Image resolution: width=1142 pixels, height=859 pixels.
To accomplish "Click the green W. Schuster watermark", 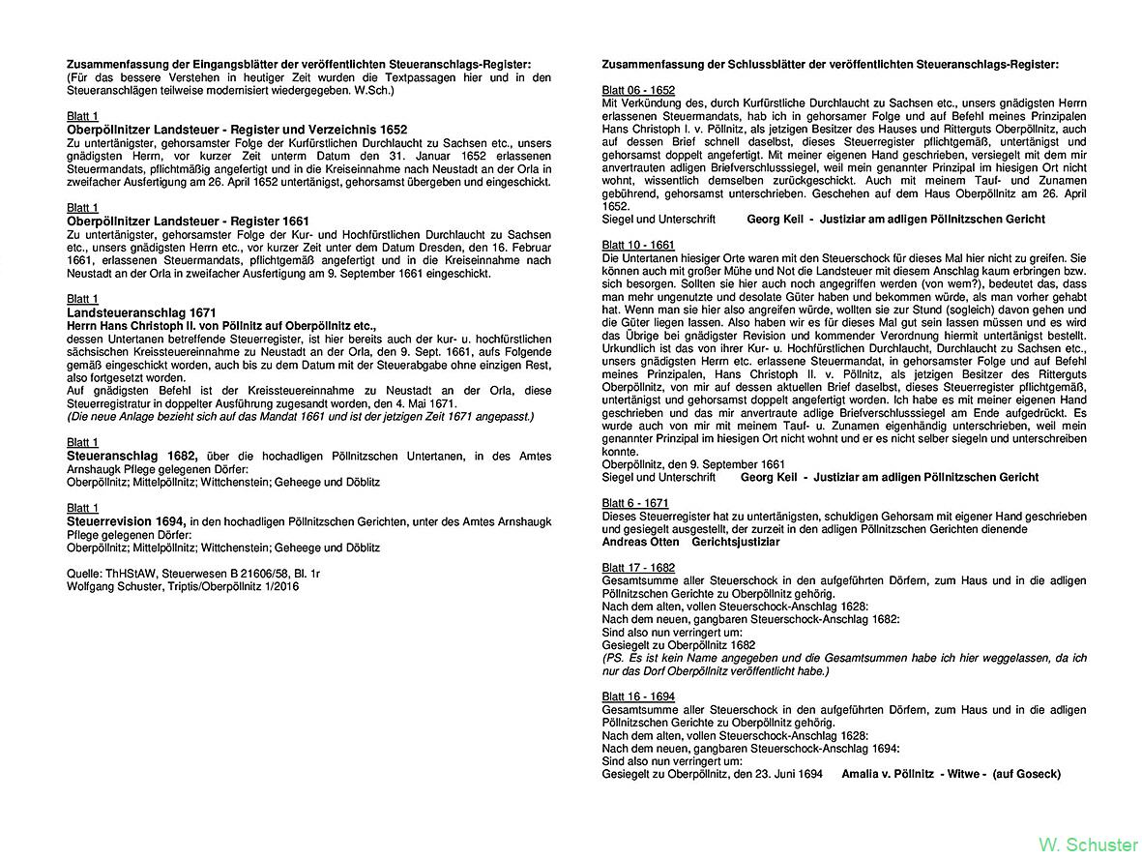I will coord(1087,844).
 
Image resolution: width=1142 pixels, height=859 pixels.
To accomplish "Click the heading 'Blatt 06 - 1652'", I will coord(638,90).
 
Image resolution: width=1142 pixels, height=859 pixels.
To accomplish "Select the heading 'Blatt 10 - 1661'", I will coord(638,246).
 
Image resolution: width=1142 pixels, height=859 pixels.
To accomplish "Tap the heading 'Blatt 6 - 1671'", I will coord(634,503).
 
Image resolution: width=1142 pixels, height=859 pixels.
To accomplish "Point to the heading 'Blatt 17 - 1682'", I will coord(638,568).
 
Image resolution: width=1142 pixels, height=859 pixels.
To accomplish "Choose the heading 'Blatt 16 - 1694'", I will coord(638,696).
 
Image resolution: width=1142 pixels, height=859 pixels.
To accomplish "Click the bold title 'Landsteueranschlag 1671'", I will coord(141,313).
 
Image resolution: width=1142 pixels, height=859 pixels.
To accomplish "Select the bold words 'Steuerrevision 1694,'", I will coord(126,521).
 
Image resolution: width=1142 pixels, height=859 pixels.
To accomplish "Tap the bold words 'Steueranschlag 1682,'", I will coord(132,456).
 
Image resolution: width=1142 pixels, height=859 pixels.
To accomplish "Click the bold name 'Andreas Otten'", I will coord(640,542).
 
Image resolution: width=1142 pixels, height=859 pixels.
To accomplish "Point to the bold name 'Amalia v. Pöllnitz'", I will coord(888,774).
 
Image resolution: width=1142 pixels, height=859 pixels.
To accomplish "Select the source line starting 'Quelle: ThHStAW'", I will coord(193,574).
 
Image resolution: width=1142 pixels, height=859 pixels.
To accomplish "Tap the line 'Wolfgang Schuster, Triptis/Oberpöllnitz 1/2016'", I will coord(183,586).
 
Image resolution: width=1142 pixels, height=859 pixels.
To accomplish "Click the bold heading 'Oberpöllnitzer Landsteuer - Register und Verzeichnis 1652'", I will coord(237,130).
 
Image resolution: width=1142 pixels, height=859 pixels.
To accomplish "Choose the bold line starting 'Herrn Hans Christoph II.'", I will coord(221,326).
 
